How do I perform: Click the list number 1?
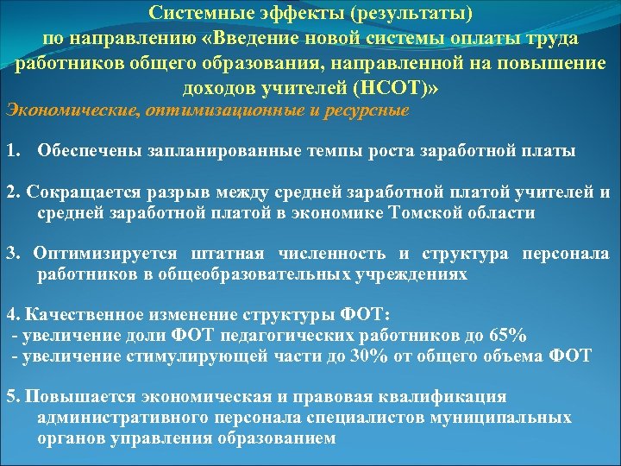pyautogui.click(x=10, y=153)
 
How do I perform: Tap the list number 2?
pyautogui.click(x=10, y=192)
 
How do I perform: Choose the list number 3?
pyautogui.click(x=10, y=254)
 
